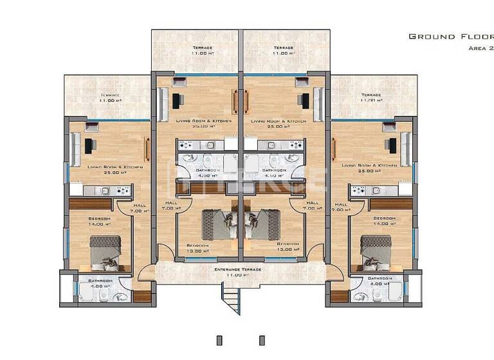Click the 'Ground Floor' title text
(x=450, y=37)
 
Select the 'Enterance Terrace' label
(x=238, y=269)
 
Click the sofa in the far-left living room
(x=75, y=148)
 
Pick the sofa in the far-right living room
(x=405, y=147)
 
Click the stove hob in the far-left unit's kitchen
(x=122, y=190)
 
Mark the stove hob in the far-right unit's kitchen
(x=358, y=190)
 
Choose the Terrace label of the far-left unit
(x=110, y=97)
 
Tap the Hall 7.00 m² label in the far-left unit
(x=139, y=208)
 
